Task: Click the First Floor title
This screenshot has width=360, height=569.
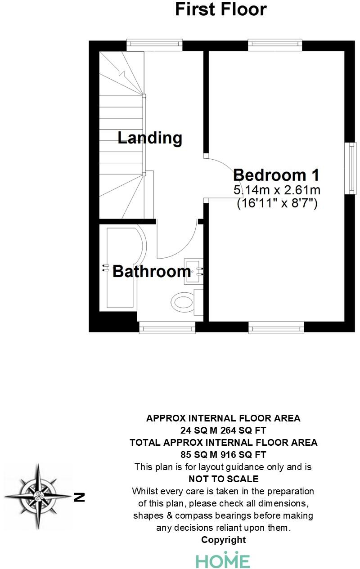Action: pos(220,10)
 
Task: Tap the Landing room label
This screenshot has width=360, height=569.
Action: pos(150,138)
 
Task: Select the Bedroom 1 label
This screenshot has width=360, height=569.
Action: pos(276,175)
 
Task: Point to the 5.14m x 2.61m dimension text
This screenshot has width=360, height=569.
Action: pos(277,190)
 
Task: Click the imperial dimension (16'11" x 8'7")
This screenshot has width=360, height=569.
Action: pos(277,203)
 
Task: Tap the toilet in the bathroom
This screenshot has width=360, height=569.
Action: pos(184,300)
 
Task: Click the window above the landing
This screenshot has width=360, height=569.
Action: pos(154,45)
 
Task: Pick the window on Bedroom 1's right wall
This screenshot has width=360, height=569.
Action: pos(351,168)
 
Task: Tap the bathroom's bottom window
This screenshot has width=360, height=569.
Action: pos(167,327)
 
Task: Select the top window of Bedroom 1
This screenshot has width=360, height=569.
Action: pos(274,45)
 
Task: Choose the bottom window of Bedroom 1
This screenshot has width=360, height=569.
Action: pos(276,327)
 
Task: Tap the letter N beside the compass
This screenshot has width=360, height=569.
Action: pos(79,497)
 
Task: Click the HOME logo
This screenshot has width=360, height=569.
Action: pos(223,560)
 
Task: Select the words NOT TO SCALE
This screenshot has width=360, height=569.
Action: pos(223,479)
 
